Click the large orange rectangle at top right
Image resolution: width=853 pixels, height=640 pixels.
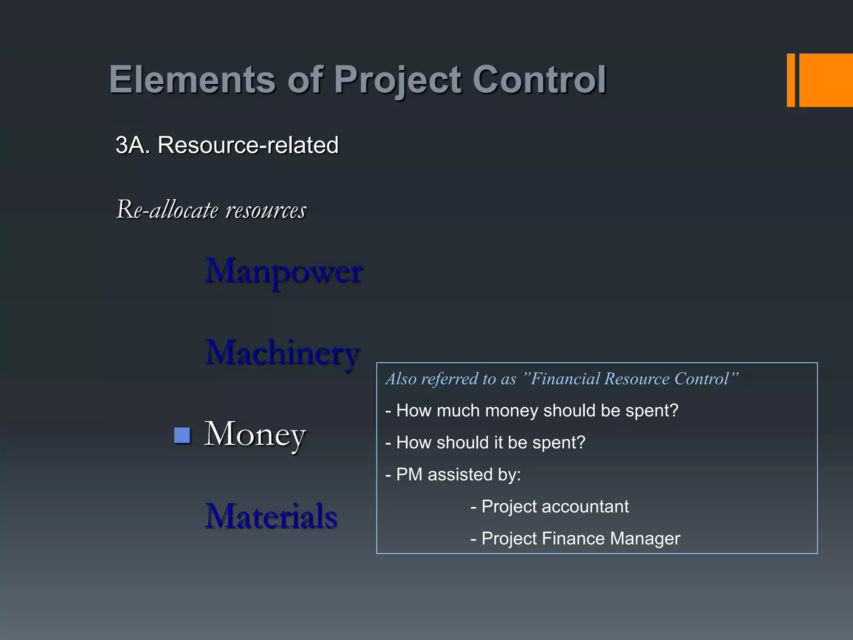tap(826, 80)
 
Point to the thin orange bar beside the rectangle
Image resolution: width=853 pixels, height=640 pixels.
tap(791, 80)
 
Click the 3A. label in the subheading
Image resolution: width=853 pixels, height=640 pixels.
tap(132, 145)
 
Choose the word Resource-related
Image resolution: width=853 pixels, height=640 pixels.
tap(248, 145)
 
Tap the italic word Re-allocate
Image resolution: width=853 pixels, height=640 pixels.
tap(167, 210)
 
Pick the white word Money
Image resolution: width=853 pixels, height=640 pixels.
tap(255, 434)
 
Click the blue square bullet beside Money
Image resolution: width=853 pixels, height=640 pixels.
tap(182, 435)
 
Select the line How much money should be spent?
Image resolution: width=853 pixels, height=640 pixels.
tap(532, 411)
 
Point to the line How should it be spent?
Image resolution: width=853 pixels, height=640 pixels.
tap(486, 442)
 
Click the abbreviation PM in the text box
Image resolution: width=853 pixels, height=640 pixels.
tap(409, 475)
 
